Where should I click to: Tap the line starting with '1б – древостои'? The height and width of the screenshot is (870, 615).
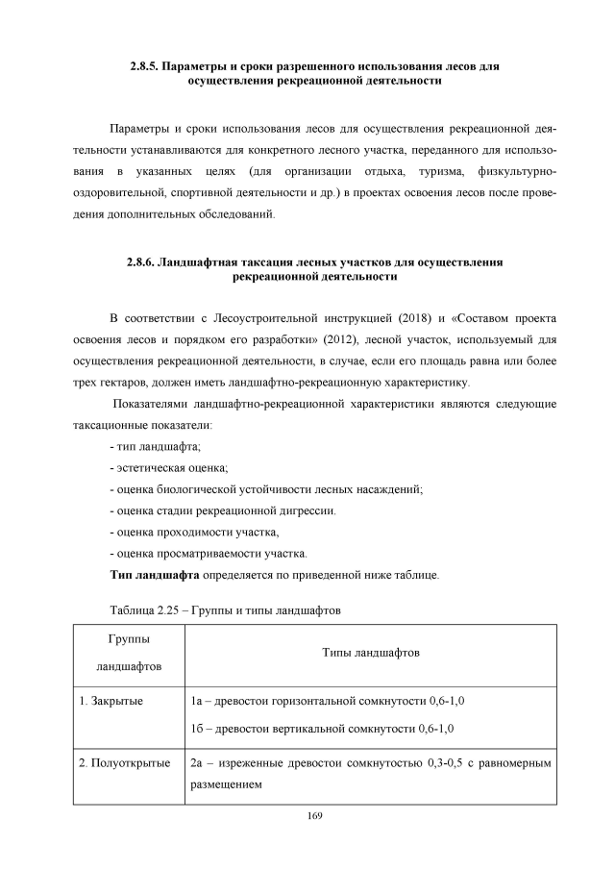322,728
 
